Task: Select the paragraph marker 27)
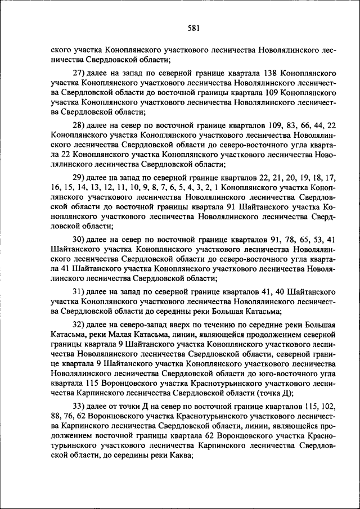[x=79, y=73]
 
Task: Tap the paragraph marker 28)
[x=79, y=125]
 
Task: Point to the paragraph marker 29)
[x=79, y=177]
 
